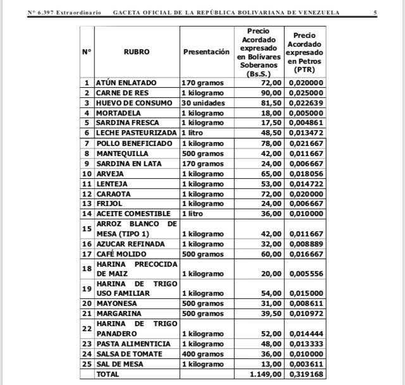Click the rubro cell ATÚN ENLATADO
[126, 83]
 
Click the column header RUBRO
[137, 52]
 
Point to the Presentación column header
[206, 52]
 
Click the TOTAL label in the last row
[108, 374]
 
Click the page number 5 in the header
[375, 13]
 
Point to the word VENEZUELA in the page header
[316, 13]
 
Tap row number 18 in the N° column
[87, 268]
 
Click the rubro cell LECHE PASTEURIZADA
[136, 133]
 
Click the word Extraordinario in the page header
[78, 13]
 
